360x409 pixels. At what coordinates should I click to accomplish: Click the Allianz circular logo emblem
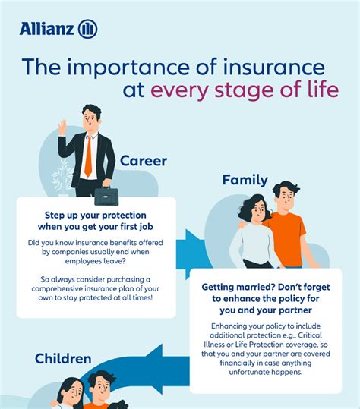(x=87, y=29)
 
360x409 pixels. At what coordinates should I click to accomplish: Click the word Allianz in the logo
(x=46, y=29)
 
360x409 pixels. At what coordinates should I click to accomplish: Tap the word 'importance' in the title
(x=128, y=68)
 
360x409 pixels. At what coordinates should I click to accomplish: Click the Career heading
(x=144, y=161)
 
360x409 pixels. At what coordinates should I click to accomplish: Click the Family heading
(x=245, y=181)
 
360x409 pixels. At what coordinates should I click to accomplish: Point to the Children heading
(x=63, y=359)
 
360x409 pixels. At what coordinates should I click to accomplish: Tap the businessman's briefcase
(x=106, y=196)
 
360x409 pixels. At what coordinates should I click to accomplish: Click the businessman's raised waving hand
(x=62, y=127)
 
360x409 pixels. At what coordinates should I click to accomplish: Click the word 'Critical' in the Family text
(x=310, y=335)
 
